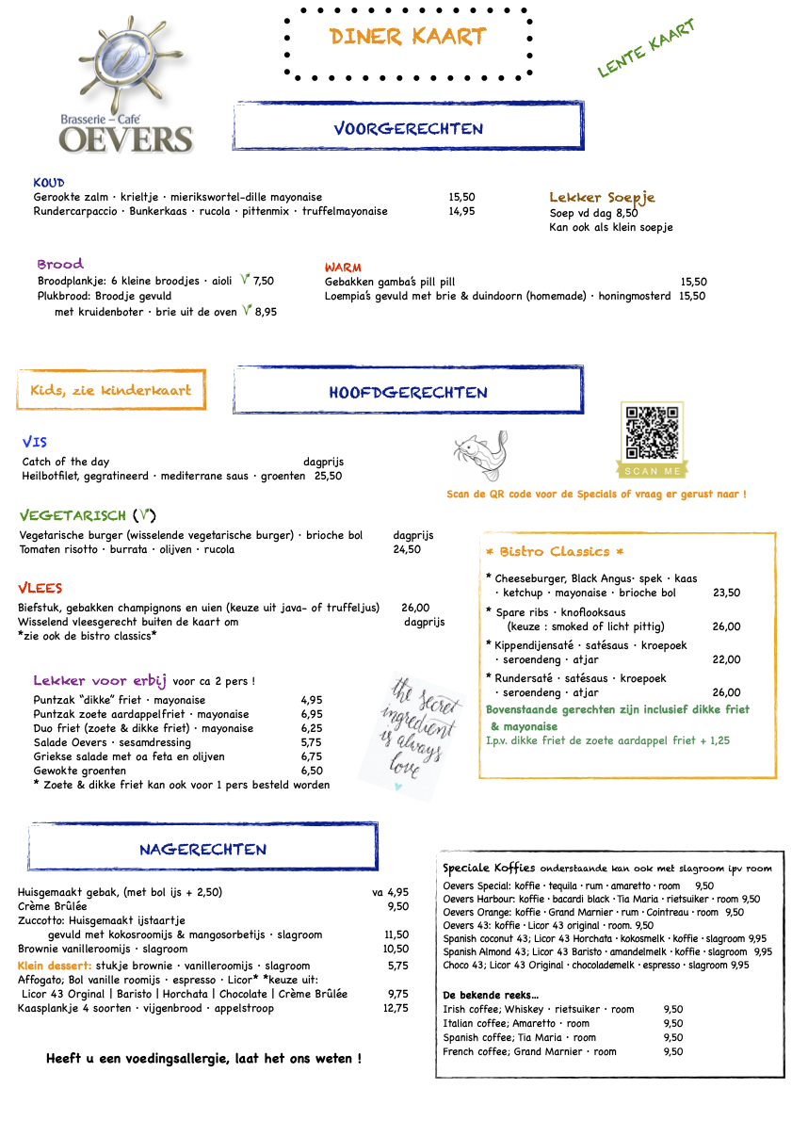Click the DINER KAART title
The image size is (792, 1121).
tap(408, 37)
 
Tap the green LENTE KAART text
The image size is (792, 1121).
tap(646, 48)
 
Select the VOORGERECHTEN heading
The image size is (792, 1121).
tap(408, 128)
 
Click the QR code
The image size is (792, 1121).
tap(652, 433)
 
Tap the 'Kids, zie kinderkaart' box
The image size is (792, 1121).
tap(111, 390)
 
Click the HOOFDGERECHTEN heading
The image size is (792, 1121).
tap(408, 392)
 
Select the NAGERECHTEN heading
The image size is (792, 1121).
tap(202, 849)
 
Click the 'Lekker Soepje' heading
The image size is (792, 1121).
tap(602, 198)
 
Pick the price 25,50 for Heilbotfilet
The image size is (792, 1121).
tap(328, 476)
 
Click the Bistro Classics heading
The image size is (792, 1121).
tap(555, 551)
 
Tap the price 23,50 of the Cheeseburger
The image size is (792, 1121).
tap(726, 593)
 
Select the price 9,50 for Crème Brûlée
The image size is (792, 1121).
tap(397, 906)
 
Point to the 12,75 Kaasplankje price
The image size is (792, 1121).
tap(396, 1008)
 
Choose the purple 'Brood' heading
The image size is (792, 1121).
tap(60, 264)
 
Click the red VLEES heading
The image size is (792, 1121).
tap(40, 589)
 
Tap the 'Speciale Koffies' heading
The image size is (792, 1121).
tap(489, 868)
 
